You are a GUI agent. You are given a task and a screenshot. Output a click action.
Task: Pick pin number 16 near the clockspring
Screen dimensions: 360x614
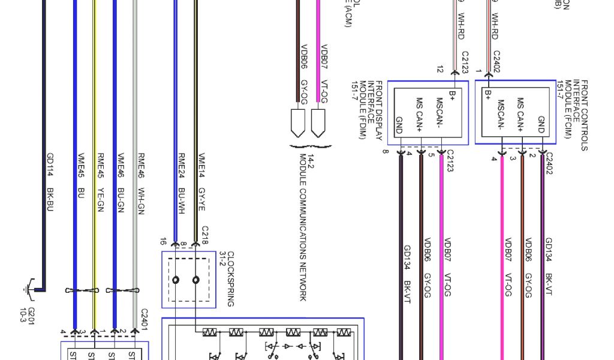[162, 242]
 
